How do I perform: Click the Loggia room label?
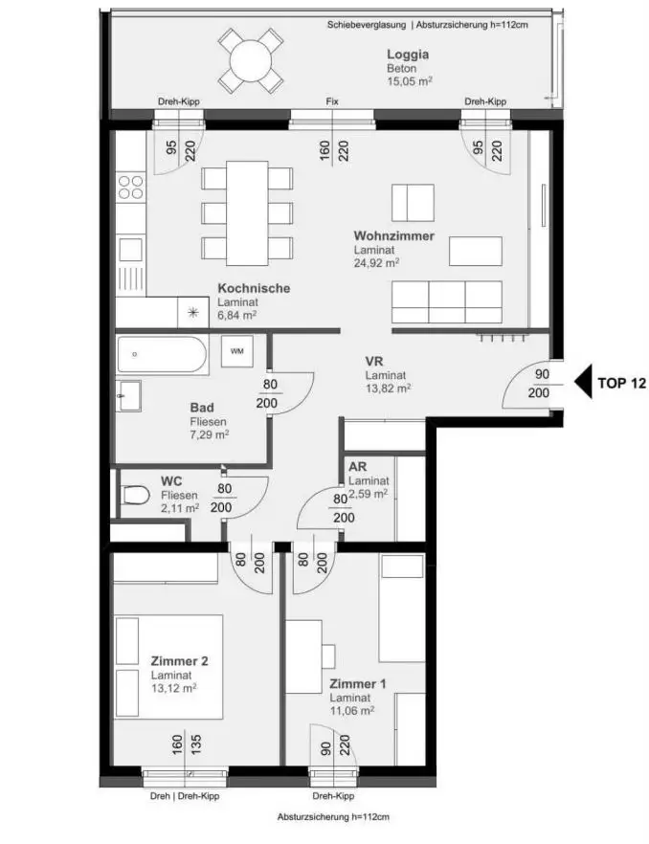click(x=408, y=55)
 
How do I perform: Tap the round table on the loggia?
click(x=251, y=61)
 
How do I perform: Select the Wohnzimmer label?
click(x=393, y=235)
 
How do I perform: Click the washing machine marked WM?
click(x=237, y=351)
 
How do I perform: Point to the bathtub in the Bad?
click(x=162, y=355)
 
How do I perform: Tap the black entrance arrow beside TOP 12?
click(x=583, y=381)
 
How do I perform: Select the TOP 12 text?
click(x=621, y=383)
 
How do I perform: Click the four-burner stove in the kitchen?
click(x=131, y=187)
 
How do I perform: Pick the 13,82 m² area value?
click(x=389, y=389)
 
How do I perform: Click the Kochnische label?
click(x=254, y=288)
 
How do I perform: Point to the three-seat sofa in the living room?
click(x=447, y=302)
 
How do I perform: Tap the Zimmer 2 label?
click(x=179, y=661)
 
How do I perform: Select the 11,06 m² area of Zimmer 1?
click(x=352, y=710)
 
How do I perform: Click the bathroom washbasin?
click(x=128, y=395)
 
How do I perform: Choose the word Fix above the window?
click(x=332, y=101)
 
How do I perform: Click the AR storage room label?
click(x=358, y=467)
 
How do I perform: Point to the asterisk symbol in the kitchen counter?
click(x=192, y=312)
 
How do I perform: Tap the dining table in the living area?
click(x=247, y=213)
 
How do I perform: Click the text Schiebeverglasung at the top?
click(x=367, y=25)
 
